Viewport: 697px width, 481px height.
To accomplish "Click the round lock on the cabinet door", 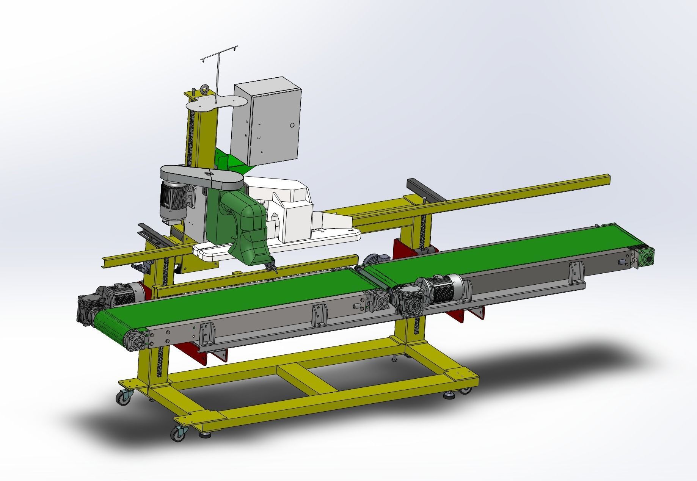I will pyautogui.click(x=292, y=125).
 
